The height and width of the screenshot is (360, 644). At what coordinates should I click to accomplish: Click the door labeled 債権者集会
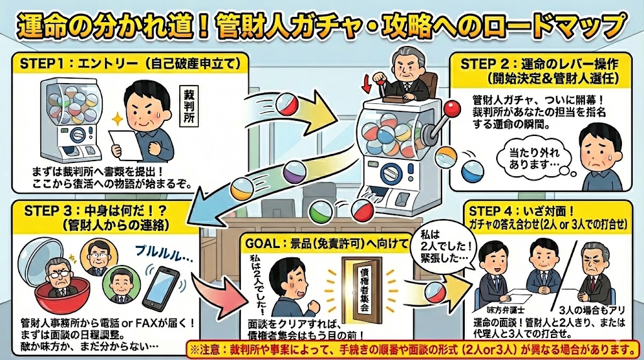click(360, 292)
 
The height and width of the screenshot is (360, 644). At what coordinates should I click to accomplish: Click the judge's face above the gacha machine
click(403, 65)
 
